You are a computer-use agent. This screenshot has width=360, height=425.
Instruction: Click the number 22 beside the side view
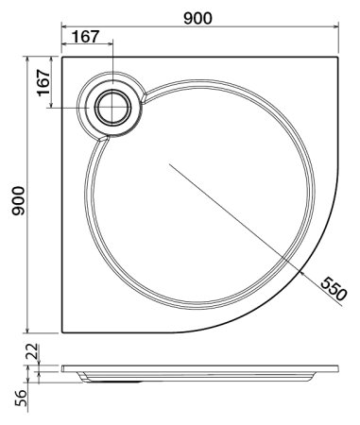30,351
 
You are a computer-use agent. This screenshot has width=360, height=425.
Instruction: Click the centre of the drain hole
114,107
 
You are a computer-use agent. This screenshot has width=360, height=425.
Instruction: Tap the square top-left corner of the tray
62,55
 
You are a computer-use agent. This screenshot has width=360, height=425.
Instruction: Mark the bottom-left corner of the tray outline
62,332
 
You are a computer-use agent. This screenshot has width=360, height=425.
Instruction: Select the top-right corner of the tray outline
337,55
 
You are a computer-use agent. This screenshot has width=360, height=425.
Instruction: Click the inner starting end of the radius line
168,164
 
